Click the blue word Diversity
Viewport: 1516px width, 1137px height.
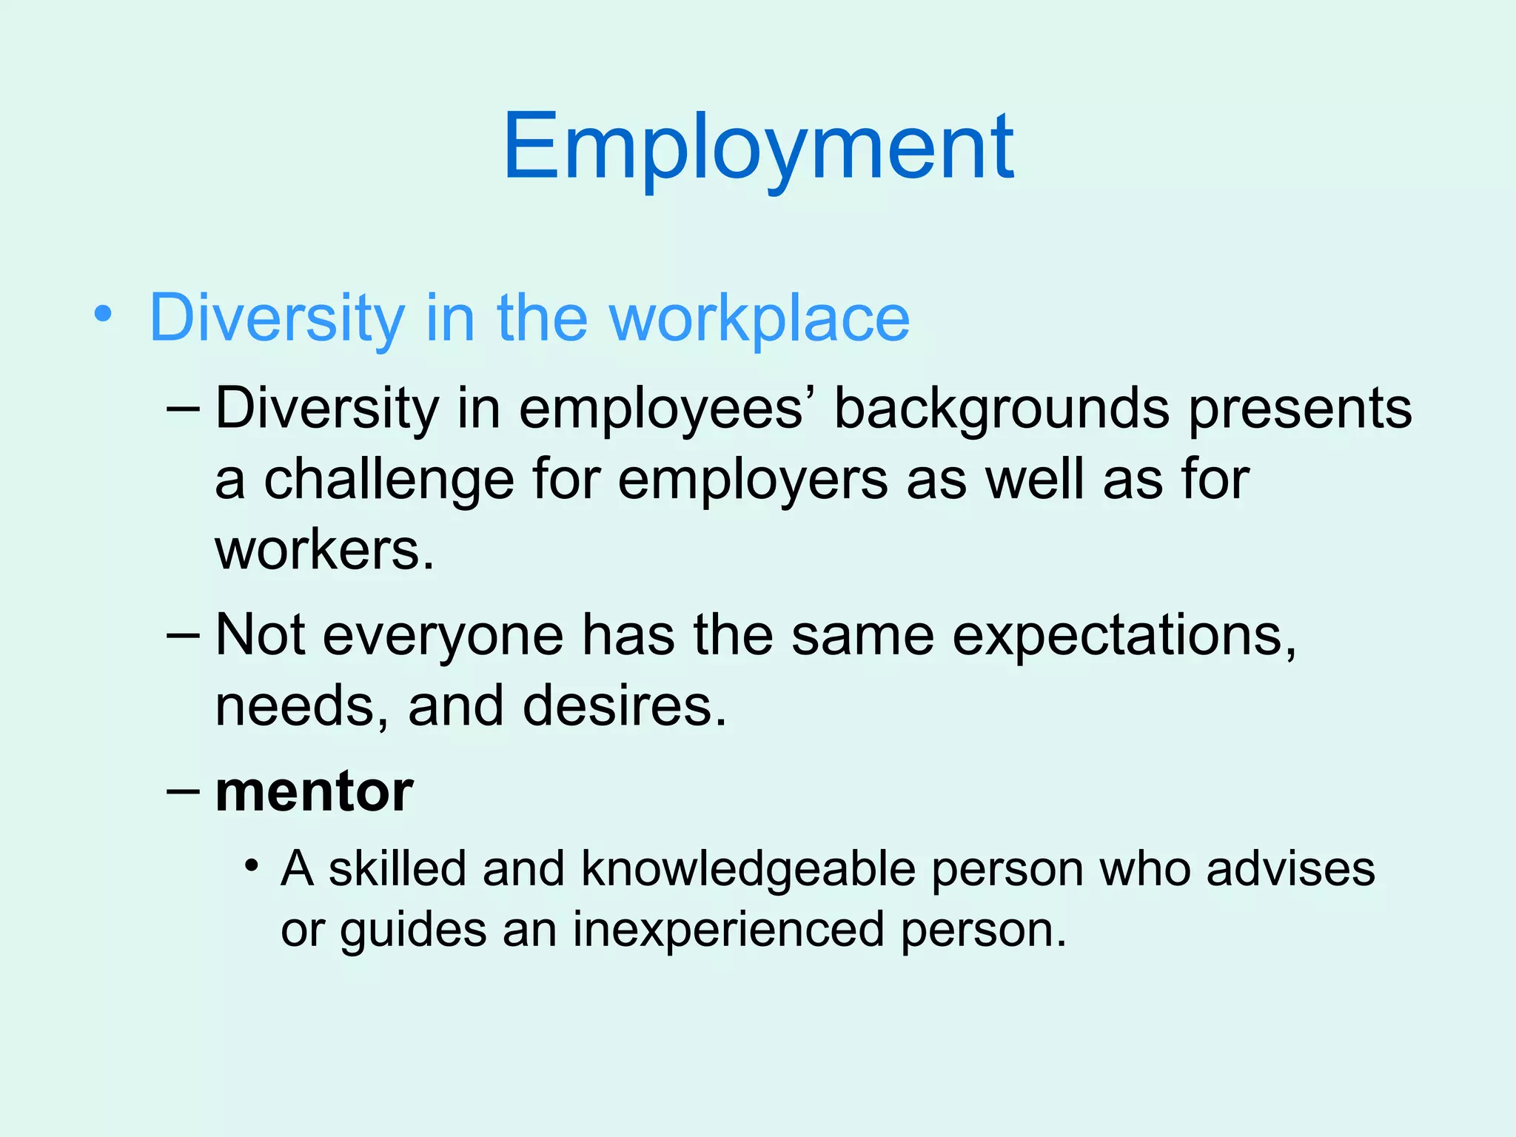pos(277,320)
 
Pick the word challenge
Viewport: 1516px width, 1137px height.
pos(389,480)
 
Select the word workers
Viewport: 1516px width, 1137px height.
pos(324,551)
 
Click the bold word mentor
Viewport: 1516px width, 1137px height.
pos(314,791)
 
